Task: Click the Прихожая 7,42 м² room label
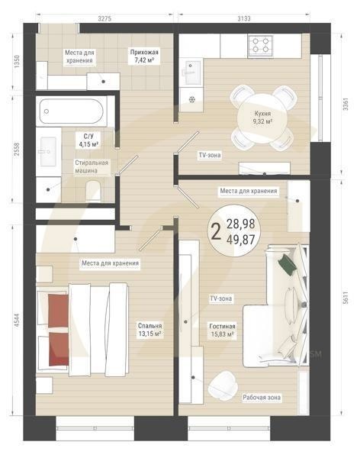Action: pyautogui.click(x=144, y=56)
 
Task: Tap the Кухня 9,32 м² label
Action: pyautogui.click(x=262, y=118)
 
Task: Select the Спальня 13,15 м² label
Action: pyautogui.click(x=150, y=330)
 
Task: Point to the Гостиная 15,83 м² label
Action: pyautogui.click(x=222, y=330)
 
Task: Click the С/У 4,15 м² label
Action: pyautogui.click(x=88, y=140)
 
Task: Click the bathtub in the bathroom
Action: pyautogui.click(x=72, y=111)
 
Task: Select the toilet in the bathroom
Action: pyautogui.click(x=93, y=191)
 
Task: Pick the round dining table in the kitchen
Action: pyautogui.click(x=262, y=118)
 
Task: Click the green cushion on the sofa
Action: pyautogui.click(x=288, y=264)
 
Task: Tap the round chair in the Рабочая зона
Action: pyautogui.click(x=223, y=385)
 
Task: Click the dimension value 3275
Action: pyautogui.click(x=104, y=19)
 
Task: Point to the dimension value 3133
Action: pyautogui.click(x=243, y=19)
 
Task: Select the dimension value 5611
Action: pyautogui.click(x=346, y=298)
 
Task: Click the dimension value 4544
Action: pyautogui.click(x=17, y=320)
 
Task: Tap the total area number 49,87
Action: pyautogui.click(x=240, y=240)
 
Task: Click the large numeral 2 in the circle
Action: pyautogui.click(x=216, y=231)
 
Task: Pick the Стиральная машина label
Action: pyautogui.click(x=92, y=166)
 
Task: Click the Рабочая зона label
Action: pyautogui.click(x=262, y=398)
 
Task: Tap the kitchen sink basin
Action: pyautogui.click(x=193, y=72)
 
